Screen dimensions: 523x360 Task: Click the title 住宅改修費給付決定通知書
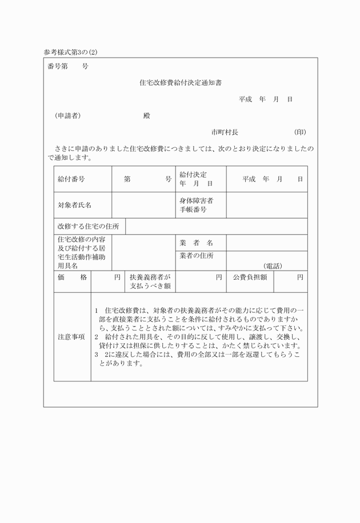click(x=181, y=82)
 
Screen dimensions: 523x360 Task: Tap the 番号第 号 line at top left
click(x=69, y=66)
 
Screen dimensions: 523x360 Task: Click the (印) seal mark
click(x=300, y=132)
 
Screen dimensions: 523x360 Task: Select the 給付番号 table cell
click(x=71, y=179)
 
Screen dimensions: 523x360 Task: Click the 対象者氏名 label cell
click(x=74, y=205)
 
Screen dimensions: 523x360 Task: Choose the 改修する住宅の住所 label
click(x=88, y=227)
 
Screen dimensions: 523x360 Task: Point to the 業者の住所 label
click(x=196, y=256)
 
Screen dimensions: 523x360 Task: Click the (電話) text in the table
click(x=273, y=266)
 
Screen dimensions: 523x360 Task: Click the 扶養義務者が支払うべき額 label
click(x=150, y=281)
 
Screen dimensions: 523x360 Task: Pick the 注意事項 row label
click(x=71, y=337)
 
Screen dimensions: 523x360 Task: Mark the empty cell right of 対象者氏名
click(x=143, y=205)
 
